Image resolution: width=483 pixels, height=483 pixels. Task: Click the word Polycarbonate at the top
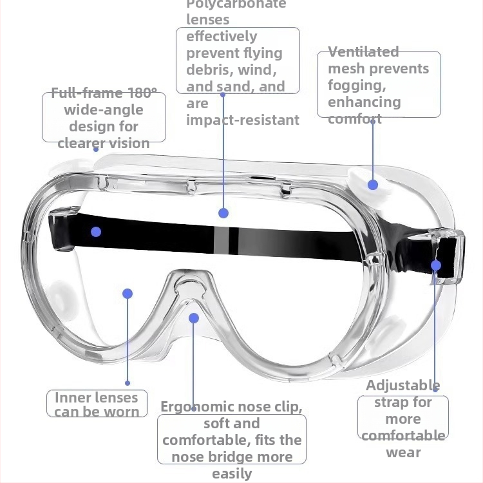pyautogui.click(x=236, y=5)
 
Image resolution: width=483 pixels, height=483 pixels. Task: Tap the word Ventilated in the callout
pyautogui.click(x=363, y=52)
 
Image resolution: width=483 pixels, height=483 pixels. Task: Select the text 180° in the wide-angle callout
pyautogui.click(x=142, y=93)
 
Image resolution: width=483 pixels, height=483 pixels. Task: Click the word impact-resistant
pyautogui.click(x=243, y=120)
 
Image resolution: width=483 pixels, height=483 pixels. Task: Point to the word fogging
pyautogui.click(x=357, y=85)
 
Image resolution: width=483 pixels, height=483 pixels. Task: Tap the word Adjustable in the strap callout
pyautogui.click(x=403, y=385)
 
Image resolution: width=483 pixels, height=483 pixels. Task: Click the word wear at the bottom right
pyautogui.click(x=403, y=453)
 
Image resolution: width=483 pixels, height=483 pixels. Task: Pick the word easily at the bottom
pyautogui.click(x=232, y=474)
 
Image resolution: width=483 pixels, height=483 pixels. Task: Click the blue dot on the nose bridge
pyautogui.click(x=194, y=318)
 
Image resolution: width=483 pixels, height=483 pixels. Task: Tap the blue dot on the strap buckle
pyautogui.click(x=436, y=265)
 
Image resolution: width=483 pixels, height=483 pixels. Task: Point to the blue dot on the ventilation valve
pyautogui.click(x=373, y=185)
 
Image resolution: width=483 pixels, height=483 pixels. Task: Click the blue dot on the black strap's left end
pyautogui.click(x=96, y=232)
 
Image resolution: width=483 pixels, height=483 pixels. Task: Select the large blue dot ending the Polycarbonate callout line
pyautogui.click(x=223, y=213)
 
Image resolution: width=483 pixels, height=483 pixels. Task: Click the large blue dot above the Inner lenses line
pyautogui.click(x=128, y=294)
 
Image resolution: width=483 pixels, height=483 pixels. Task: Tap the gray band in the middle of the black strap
pyautogui.click(x=221, y=241)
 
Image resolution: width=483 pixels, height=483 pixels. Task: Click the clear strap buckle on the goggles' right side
pyautogui.click(x=447, y=256)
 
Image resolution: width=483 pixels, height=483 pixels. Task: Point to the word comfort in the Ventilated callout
pyautogui.click(x=355, y=119)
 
